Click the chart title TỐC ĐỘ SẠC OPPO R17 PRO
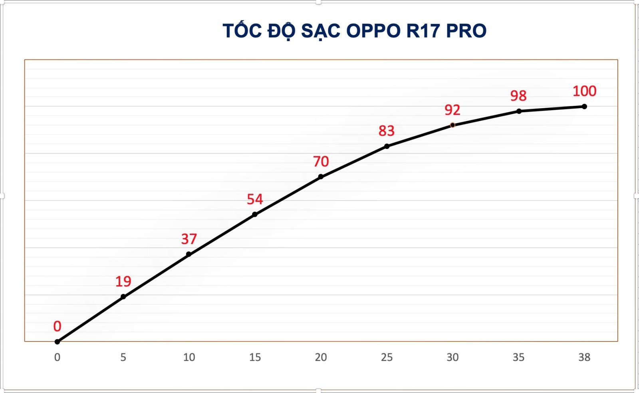click(354, 31)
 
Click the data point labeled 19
click(123, 296)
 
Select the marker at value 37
click(189, 254)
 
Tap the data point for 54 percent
click(255, 214)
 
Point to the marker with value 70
click(321, 177)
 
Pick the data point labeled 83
click(387, 146)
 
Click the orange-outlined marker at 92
click(452, 125)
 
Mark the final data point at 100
click(584, 107)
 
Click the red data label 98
click(518, 96)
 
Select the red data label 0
click(57, 326)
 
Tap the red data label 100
click(584, 91)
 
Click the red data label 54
click(255, 199)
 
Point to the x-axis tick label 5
click(123, 357)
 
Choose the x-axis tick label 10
click(189, 357)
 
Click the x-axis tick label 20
click(321, 357)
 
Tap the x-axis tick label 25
click(387, 357)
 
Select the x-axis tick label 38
click(584, 357)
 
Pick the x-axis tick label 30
click(452, 357)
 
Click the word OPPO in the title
click(373, 31)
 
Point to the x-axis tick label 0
click(57, 357)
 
